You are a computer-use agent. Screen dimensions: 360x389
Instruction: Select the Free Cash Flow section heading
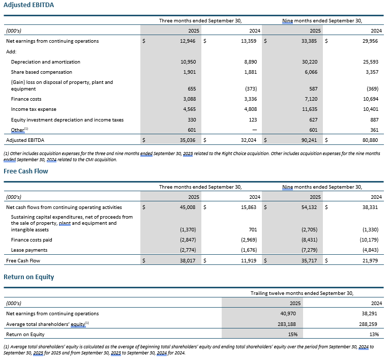[26, 171]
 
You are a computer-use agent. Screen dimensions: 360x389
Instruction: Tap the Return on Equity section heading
[28, 277]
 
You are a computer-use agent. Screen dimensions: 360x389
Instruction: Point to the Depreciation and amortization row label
[45, 62]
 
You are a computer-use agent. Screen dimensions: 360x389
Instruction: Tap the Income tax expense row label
[34, 109]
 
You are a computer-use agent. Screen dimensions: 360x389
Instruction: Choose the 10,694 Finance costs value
[370, 99]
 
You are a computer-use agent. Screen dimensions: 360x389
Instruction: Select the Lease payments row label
[29, 250]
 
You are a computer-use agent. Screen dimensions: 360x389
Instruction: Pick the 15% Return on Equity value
[293, 335]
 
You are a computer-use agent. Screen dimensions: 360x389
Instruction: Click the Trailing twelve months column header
[302, 293]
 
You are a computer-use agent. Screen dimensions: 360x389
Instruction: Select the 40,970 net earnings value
[290, 314]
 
